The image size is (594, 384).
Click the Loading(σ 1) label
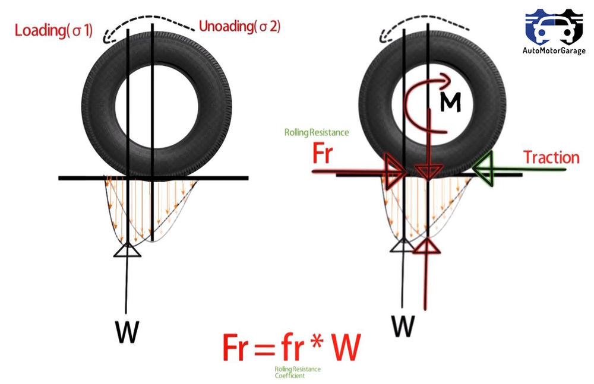coord(53,30)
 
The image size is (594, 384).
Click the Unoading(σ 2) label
coord(239,27)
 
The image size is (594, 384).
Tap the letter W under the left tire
coord(126,333)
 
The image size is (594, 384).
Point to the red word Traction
coord(551,157)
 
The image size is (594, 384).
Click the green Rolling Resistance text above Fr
coord(317,132)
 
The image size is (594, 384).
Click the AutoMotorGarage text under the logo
coord(554,51)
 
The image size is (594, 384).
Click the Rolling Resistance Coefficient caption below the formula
coord(297,372)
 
